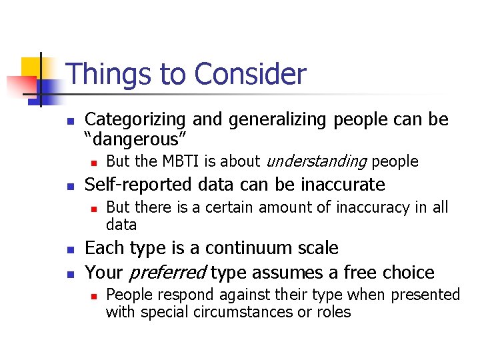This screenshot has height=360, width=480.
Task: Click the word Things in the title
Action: coord(107,74)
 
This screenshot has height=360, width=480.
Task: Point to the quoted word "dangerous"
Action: coord(136,139)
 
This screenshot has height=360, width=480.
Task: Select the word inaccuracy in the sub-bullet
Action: coord(371,207)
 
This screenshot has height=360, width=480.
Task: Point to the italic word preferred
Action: coord(167,273)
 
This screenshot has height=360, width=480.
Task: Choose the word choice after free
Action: coord(407,273)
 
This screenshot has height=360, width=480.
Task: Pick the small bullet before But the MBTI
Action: coord(94,162)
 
